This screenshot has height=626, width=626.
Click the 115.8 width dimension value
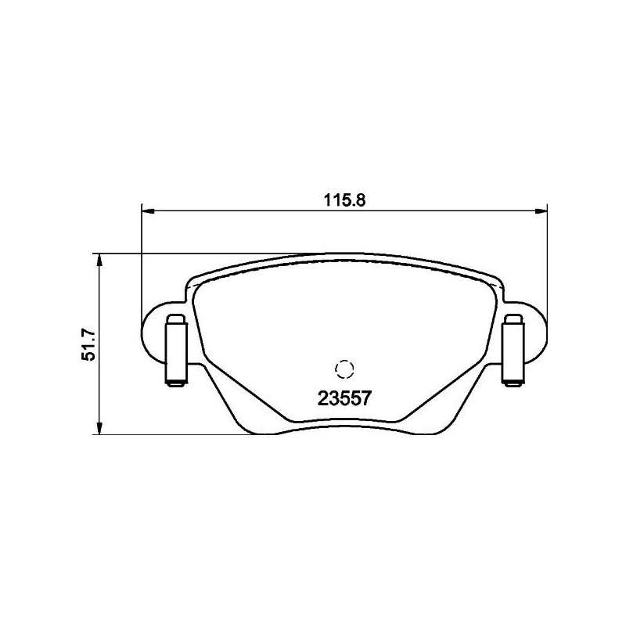[344, 200]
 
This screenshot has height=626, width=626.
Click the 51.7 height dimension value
[88, 344]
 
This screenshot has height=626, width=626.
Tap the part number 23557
[344, 398]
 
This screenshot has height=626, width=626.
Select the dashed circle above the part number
[344, 369]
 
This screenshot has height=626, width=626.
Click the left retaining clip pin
[176, 351]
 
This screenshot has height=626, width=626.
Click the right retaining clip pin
[513, 351]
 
